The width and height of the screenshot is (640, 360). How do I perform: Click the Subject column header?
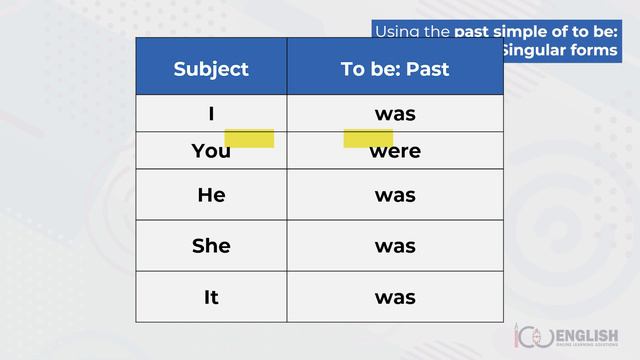pos(211,69)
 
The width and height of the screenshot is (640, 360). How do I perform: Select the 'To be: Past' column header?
pos(395,69)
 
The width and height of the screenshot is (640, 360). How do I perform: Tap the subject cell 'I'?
pos(211,114)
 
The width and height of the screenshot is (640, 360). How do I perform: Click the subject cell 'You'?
pos(210,152)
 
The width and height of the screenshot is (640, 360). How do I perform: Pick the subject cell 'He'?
pos(211,195)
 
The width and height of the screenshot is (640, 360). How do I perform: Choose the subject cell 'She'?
pos(211,246)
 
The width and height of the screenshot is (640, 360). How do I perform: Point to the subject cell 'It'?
pos(211,297)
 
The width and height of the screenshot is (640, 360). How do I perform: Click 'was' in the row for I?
pos(395,114)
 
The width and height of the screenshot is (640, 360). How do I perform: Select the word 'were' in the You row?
pos(395,152)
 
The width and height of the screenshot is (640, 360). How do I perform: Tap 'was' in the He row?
pos(395,195)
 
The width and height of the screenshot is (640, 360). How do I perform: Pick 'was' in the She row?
pos(395,246)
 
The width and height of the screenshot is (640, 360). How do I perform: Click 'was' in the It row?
pos(395,297)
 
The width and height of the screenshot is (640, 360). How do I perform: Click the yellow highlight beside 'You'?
pos(249,138)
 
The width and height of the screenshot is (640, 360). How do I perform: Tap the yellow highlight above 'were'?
pos(367,138)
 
